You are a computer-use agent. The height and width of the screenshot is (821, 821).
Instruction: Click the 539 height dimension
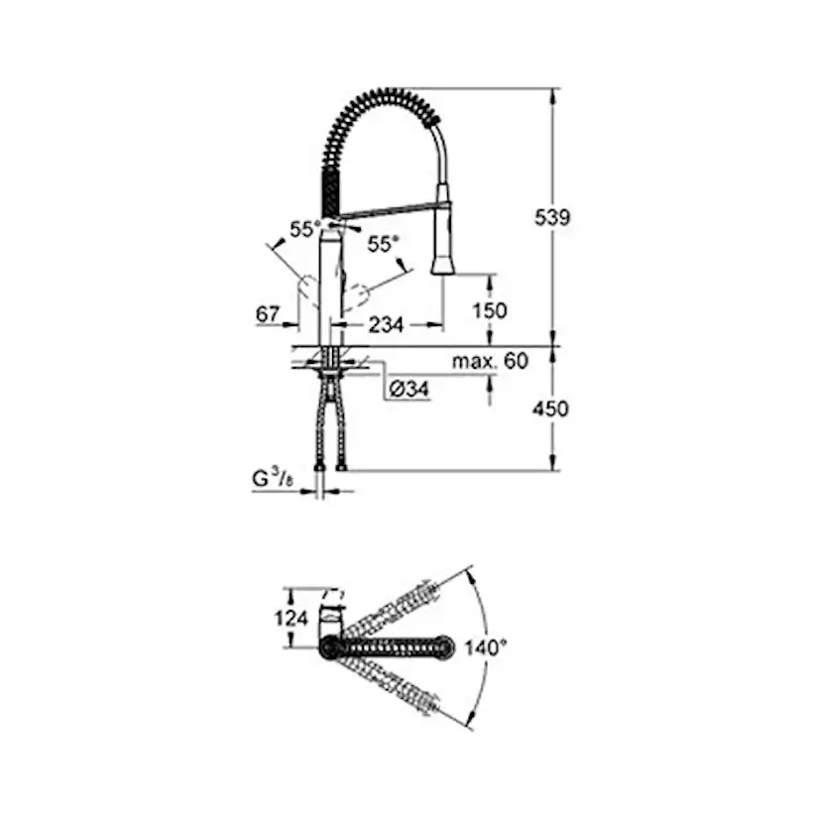552,217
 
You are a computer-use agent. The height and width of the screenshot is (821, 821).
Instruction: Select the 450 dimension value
550,409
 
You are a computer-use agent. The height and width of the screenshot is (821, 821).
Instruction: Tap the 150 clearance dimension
490,310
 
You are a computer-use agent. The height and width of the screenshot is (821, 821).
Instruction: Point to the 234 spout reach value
386,325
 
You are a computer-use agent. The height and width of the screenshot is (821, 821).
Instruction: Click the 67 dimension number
268,314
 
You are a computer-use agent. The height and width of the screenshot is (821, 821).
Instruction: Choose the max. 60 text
490,361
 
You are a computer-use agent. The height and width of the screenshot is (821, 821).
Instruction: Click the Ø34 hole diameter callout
410,389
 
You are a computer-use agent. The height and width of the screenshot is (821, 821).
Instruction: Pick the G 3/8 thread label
273,479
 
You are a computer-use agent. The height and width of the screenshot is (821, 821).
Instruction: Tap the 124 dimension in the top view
292,619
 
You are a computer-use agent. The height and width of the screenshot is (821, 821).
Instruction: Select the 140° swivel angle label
486,647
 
